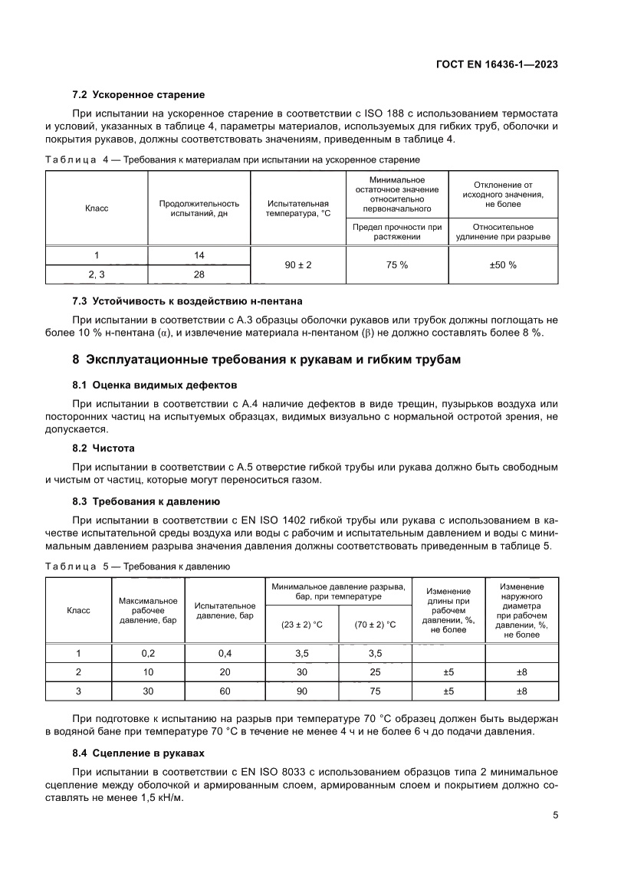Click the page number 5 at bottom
(x=555, y=816)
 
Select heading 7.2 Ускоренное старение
(x=138, y=94)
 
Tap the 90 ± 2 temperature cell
(x=298, y=264)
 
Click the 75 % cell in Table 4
(x=397, y=264)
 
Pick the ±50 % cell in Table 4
(x=503, y=264)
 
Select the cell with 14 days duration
(x=199, y=254)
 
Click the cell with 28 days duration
(x=199, y=274)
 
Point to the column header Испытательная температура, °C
(x=298, y=208)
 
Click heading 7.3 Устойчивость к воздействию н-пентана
(x=192, y=301)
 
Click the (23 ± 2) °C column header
(x=301, y=625)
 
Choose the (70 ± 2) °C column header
(x=375, y=625)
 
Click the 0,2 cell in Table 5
(x=149, y=653)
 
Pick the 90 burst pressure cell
(x=301, y=691)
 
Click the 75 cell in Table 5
(x=375, y=691)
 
